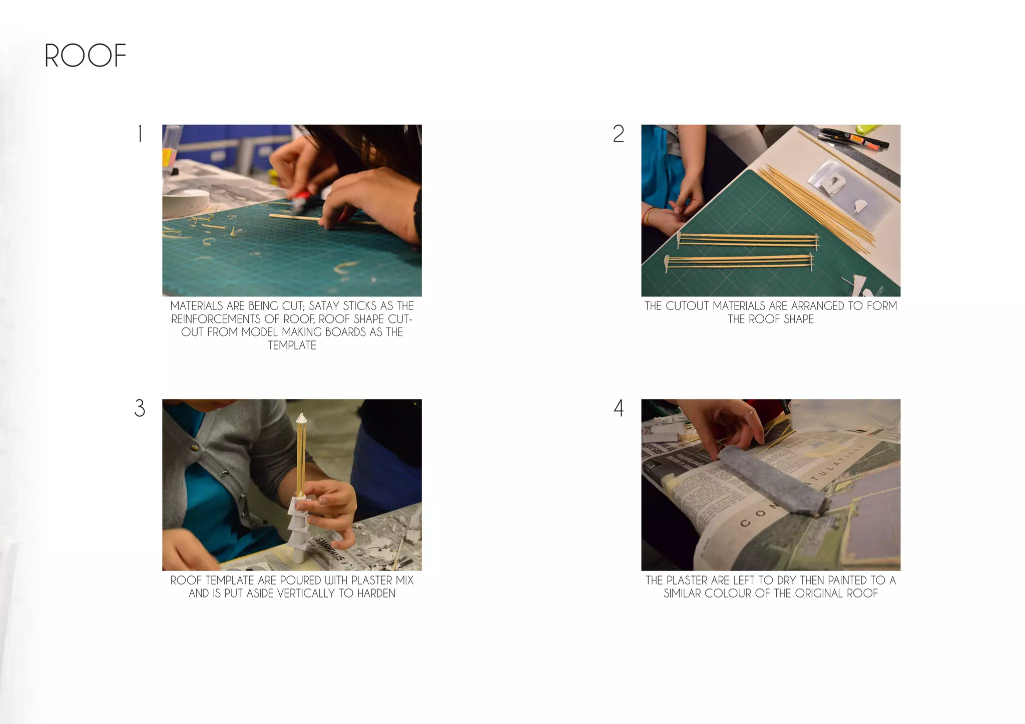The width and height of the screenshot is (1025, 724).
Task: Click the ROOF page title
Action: pyautogui.click(x=85, y=55)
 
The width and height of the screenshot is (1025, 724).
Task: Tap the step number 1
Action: pyautogui.click(x=140, y=134)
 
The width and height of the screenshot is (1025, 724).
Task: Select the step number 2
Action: pyautogui.click(x=619, y=134)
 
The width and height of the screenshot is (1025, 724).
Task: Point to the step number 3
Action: pyautogui.click(x=140, y=408)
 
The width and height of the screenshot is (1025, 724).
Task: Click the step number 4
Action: pyautogui.click(x=619, y=408)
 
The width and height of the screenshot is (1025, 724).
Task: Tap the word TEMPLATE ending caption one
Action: pyautogui.click(x=292, y=345)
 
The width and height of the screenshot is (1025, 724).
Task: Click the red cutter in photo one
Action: pyautogui.click(x=301, y=198)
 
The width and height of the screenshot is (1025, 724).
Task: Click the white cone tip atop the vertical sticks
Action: pyautogui.click(x=301, y=417)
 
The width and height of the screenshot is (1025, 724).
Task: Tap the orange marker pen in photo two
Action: pyautogui.click(x=859, y=139)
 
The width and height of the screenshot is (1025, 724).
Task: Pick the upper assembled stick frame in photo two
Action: pyautogui.click(x=748, y=240)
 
